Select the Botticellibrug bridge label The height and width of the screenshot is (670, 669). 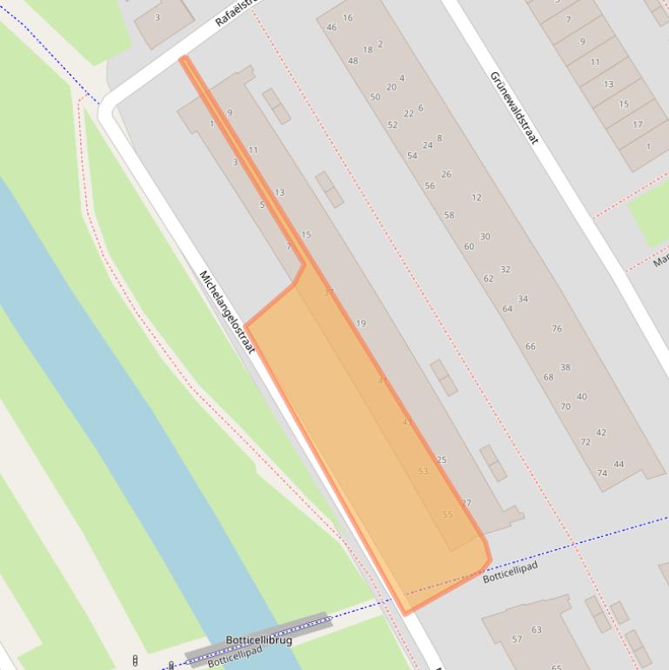tap(258, 640)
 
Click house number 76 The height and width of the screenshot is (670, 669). tap(557, 329)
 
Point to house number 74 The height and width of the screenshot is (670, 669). tap(602, 472)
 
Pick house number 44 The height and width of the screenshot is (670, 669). tap(619, 464)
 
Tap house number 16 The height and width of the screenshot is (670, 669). tap(348, 17)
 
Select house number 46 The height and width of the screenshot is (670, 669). tap(331, 27)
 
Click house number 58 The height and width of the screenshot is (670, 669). tap(449, 215)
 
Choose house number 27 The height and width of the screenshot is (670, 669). tap(466, 503)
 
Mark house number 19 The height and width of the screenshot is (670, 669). tap(361, 324)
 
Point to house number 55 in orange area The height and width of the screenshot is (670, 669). tap(447, 514)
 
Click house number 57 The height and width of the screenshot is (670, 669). tap(518, 639)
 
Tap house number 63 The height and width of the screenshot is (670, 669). tap(537, 630)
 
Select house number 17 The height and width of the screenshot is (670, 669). tap(637, 124)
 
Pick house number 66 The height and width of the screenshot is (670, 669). tap(531, 346)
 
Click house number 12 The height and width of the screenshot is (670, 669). tap(477, 198)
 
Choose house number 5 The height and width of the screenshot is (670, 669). tap(262, 204)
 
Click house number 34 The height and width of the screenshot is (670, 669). tap(523, 299)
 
